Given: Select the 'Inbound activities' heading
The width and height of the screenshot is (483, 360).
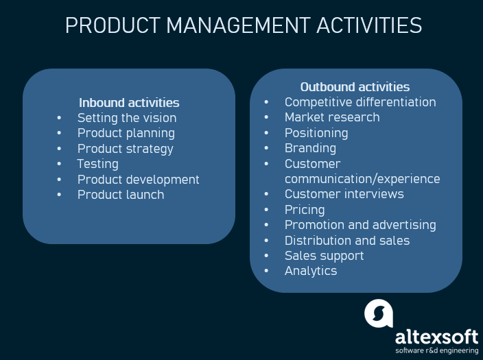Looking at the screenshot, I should tap(129, 103).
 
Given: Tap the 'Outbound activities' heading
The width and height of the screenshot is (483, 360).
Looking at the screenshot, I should tap(355, 87).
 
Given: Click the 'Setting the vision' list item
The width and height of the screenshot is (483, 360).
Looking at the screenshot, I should tap(127, 118).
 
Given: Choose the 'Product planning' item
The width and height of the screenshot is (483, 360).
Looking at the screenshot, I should tap(126, 133).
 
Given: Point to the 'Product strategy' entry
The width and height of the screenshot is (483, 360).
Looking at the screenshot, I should tap(125, 149).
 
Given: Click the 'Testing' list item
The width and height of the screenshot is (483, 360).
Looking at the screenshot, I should tap(97, 164).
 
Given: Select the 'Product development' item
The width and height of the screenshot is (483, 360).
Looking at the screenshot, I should tap(138, 180).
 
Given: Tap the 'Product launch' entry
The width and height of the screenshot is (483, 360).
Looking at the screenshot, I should tap(121, 195).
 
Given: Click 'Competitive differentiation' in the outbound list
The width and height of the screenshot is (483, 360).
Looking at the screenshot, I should tap(360, 102).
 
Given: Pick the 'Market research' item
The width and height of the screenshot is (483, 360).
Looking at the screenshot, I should tap(332, 117).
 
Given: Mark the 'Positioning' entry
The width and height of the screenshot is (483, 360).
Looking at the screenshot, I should tap(316, 133).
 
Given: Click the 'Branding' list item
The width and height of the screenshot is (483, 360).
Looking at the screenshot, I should tap(310, 148).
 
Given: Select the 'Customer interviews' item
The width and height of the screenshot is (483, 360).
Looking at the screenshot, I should tap(344, 194).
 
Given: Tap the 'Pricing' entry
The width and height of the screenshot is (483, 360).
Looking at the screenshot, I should tap(305, 210).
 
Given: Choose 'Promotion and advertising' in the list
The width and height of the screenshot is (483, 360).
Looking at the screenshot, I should tap(360, 225).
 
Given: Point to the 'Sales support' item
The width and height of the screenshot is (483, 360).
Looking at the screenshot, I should tap(325, 256).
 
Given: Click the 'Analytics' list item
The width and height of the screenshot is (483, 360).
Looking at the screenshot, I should tap(311, 271).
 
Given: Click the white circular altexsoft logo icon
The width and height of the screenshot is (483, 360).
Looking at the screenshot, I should tap(378, 314).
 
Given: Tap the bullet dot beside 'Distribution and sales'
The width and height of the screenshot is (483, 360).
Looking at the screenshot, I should tap(267, 241).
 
